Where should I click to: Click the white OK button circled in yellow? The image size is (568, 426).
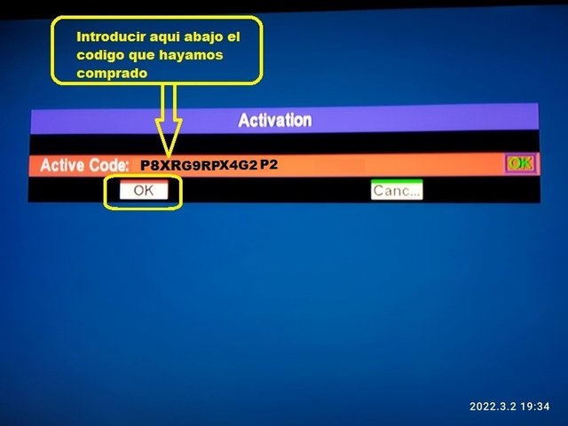[144, 190]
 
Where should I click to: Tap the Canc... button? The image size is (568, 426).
[397, 189]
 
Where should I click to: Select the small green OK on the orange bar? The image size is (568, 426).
[521, 163]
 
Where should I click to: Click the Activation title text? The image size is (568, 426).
[275, 120]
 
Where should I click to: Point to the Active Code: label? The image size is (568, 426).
[84, 165]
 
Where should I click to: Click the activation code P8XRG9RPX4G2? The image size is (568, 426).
[199, 165]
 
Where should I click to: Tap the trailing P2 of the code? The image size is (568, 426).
[269, 164]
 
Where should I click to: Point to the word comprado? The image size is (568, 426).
[112, 74]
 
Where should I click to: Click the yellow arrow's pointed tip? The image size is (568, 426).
[169, 156]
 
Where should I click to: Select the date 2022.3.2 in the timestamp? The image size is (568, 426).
[493, 406]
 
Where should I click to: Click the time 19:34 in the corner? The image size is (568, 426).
[535, 406]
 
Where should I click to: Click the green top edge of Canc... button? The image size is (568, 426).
[397, 180]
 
